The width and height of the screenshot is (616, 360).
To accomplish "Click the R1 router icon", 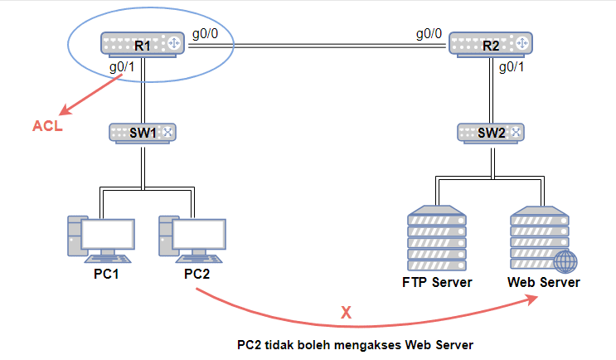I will click(x=143, y=45).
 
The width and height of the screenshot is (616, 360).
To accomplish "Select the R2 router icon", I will click(x=491, y=44).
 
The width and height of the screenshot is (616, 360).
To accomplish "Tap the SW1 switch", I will click(x=143, y=132).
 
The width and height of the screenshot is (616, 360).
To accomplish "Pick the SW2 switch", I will click(x=492, y=132).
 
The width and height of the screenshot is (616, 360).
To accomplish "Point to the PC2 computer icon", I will click(x=192, y=237).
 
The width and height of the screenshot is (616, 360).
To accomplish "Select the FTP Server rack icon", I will click(x=437, y=236).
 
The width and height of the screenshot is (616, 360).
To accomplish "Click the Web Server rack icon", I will click(x=541, y=237).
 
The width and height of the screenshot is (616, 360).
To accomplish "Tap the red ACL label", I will click(x=46, y=127).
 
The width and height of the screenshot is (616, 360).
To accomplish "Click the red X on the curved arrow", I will click(x=346, y=313).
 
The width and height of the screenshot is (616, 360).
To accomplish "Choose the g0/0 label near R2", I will click(x=429, y=35).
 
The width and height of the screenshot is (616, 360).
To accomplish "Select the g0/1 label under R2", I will click(x=512, y=67).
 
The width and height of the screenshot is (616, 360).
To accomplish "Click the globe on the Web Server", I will click(x=565, y=261).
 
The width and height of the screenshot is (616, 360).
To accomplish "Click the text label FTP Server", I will click(x=437, y=282).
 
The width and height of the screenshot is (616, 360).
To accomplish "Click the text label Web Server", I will click(x=544, y=282).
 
